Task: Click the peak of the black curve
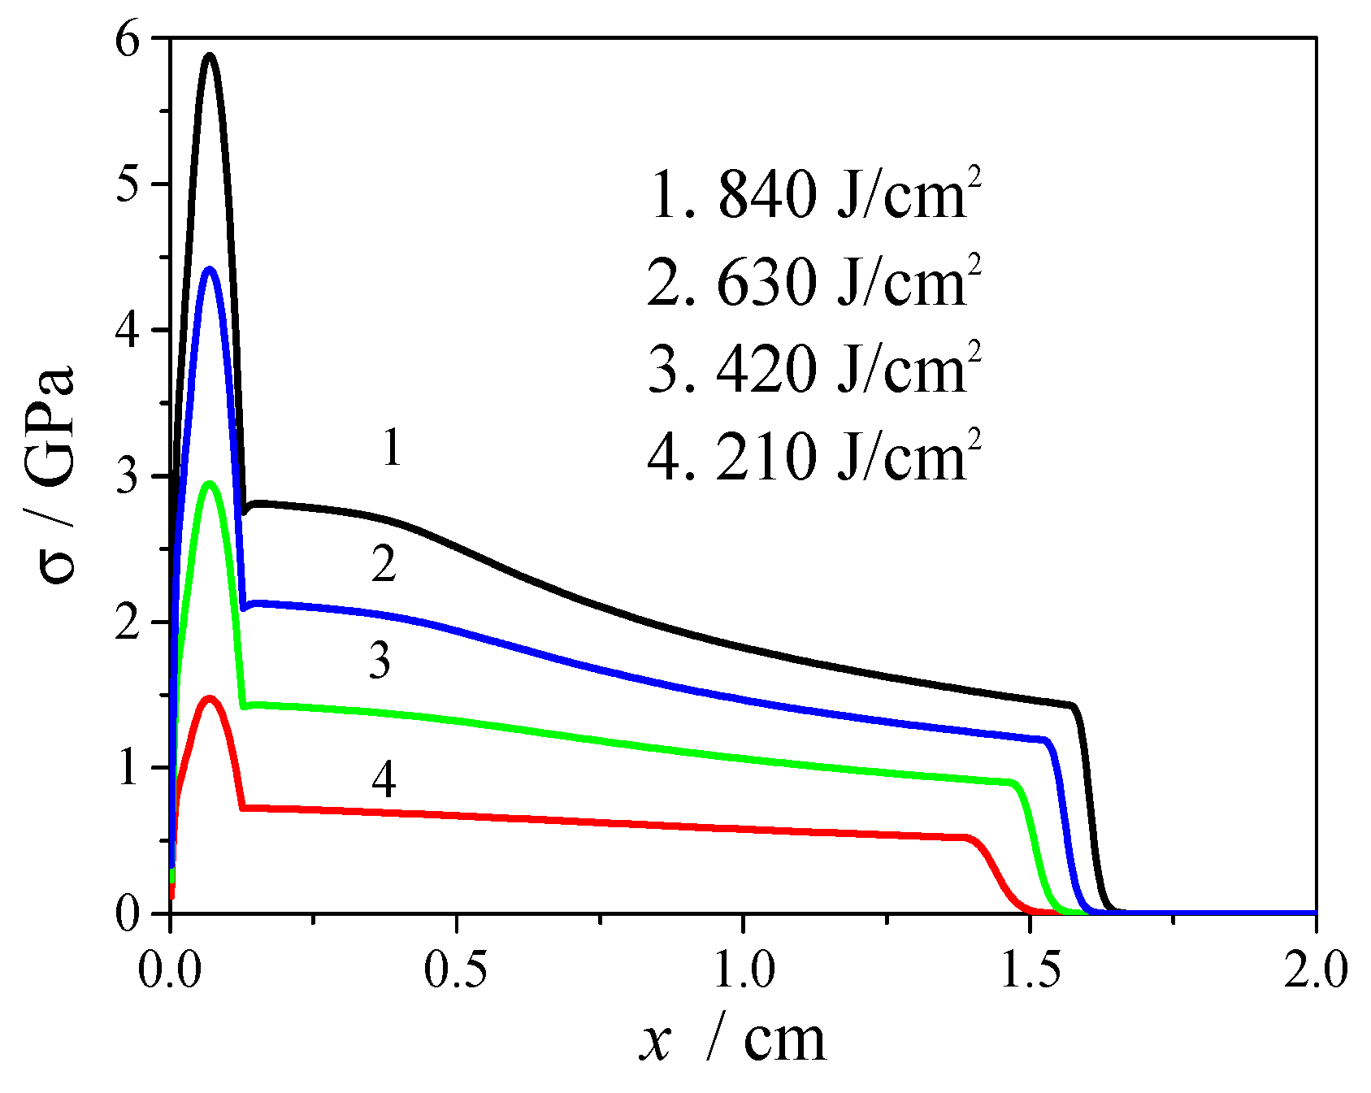[210, 56]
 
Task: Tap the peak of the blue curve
[210, 269]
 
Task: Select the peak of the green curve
[210, 484]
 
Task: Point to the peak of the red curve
[210, 698]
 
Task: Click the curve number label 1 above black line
[392, 448]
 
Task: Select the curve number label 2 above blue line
[384, 564]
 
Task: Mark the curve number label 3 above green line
[380, 660]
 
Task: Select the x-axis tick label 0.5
[457, 971]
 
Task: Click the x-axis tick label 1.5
[1030, 971]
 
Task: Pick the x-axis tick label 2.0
[1315, 971]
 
